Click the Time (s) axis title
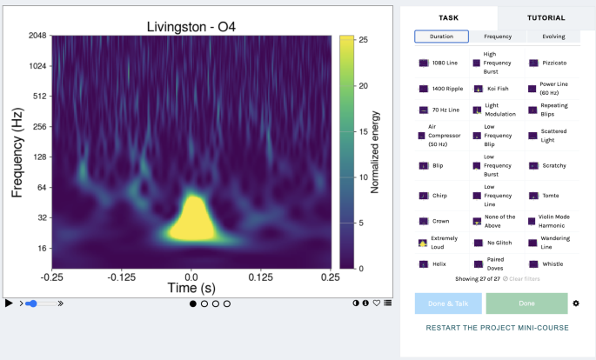pos(191,288)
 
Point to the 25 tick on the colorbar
pos(363,40)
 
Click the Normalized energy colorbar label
pos(375,152)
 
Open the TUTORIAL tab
pos(546,17)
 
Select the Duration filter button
pos(441,37)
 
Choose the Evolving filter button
pos(552,37)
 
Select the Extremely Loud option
pos(444,243)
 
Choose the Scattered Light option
pos(553,137)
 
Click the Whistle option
pos(552,263)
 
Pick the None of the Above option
pos(499,221)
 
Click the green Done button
pos(526,303)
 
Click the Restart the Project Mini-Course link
pos(497,328)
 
